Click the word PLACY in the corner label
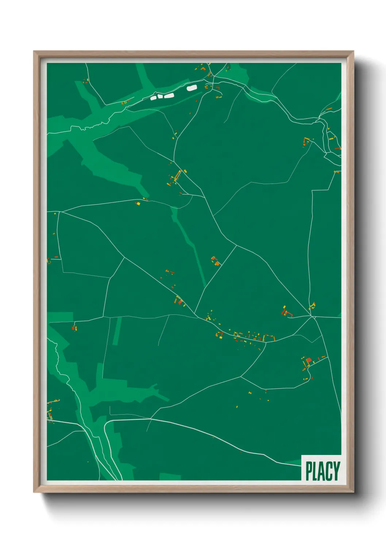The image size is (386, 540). pos(323,471)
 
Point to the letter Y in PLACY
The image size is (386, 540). pos(336,471)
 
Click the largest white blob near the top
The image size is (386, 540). pos(192,88)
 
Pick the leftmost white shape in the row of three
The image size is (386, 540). pos(154,98)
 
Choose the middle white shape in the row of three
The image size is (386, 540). pos(160,96)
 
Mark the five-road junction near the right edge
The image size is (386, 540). pos(313,317)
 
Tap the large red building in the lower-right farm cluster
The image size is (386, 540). pos(309,361)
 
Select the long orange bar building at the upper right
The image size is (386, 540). pos(329,109)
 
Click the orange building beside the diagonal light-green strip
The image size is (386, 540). pos(217,263)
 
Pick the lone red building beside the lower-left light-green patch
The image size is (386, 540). pos(73,328)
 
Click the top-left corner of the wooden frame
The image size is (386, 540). pos(34,51)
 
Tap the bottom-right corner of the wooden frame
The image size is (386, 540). pos(353,492)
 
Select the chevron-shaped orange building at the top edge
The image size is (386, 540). pos(203,68)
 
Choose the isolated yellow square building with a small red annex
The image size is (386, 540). pos(138,203)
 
